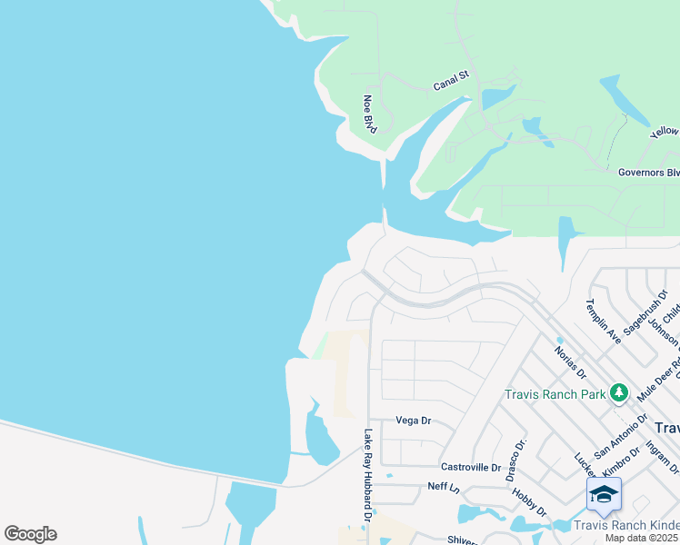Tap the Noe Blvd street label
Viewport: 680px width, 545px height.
pyautogui.click(x=369, y=113)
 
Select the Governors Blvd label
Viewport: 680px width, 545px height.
pyautogui.click(x=648, y=172)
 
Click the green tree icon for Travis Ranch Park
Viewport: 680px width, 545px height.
pyautogui.click(x=619, y=392)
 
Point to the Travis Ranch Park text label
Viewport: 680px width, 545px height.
pyautogui.click(x=555, y=394)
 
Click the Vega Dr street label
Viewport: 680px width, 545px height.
pyautogui.click(x=413, y=421)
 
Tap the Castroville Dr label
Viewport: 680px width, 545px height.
pyautogui.click(x=471, y=466)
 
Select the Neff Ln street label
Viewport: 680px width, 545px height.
pyautogui.click(x=444, y=487)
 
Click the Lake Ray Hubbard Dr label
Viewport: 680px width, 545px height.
pyautogui.click(x=368, y=476)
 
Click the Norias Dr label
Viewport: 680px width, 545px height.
pyautogui.click(x=572, y=360)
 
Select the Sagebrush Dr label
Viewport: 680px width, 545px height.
pyautogui.click(x=651, y=310)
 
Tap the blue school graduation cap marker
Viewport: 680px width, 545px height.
pyautogui.click(x=604, y=495)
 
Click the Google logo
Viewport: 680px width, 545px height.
pyautogui.click(x=30, y=534)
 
